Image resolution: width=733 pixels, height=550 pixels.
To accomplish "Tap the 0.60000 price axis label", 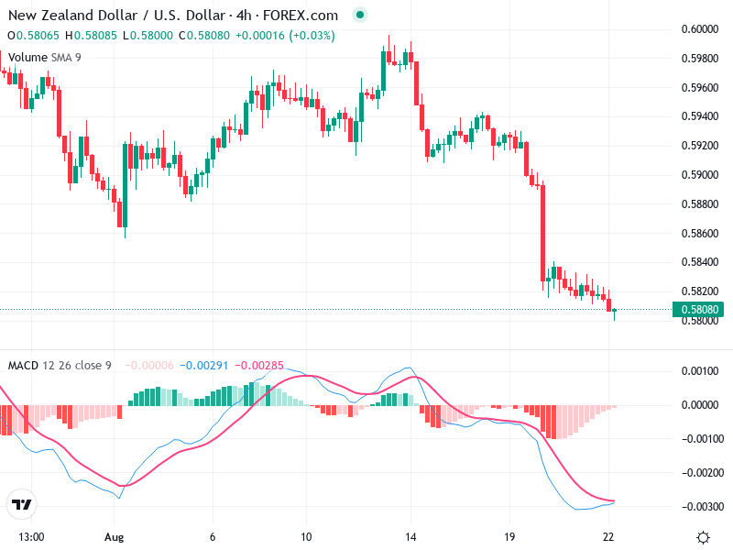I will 702,29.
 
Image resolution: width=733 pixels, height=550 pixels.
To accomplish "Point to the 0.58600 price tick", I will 702,233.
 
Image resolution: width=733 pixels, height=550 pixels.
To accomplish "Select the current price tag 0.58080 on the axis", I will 702,310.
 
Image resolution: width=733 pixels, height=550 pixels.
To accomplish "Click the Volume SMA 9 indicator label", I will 46,56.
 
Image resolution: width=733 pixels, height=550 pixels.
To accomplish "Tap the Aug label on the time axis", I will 114,536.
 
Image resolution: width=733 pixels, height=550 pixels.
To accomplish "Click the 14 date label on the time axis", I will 411,536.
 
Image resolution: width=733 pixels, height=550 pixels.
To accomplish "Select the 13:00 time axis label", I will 32,536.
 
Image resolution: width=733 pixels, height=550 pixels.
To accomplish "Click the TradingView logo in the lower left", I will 21,504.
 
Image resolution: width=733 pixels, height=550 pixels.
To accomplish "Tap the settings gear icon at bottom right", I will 703,536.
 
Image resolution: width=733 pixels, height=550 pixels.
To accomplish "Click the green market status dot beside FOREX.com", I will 360,16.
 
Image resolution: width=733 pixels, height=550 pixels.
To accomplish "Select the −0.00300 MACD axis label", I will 703,507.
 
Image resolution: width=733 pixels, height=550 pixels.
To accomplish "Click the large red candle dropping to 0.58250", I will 542,234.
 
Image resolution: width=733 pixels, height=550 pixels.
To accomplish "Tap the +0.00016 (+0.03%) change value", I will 285,36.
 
